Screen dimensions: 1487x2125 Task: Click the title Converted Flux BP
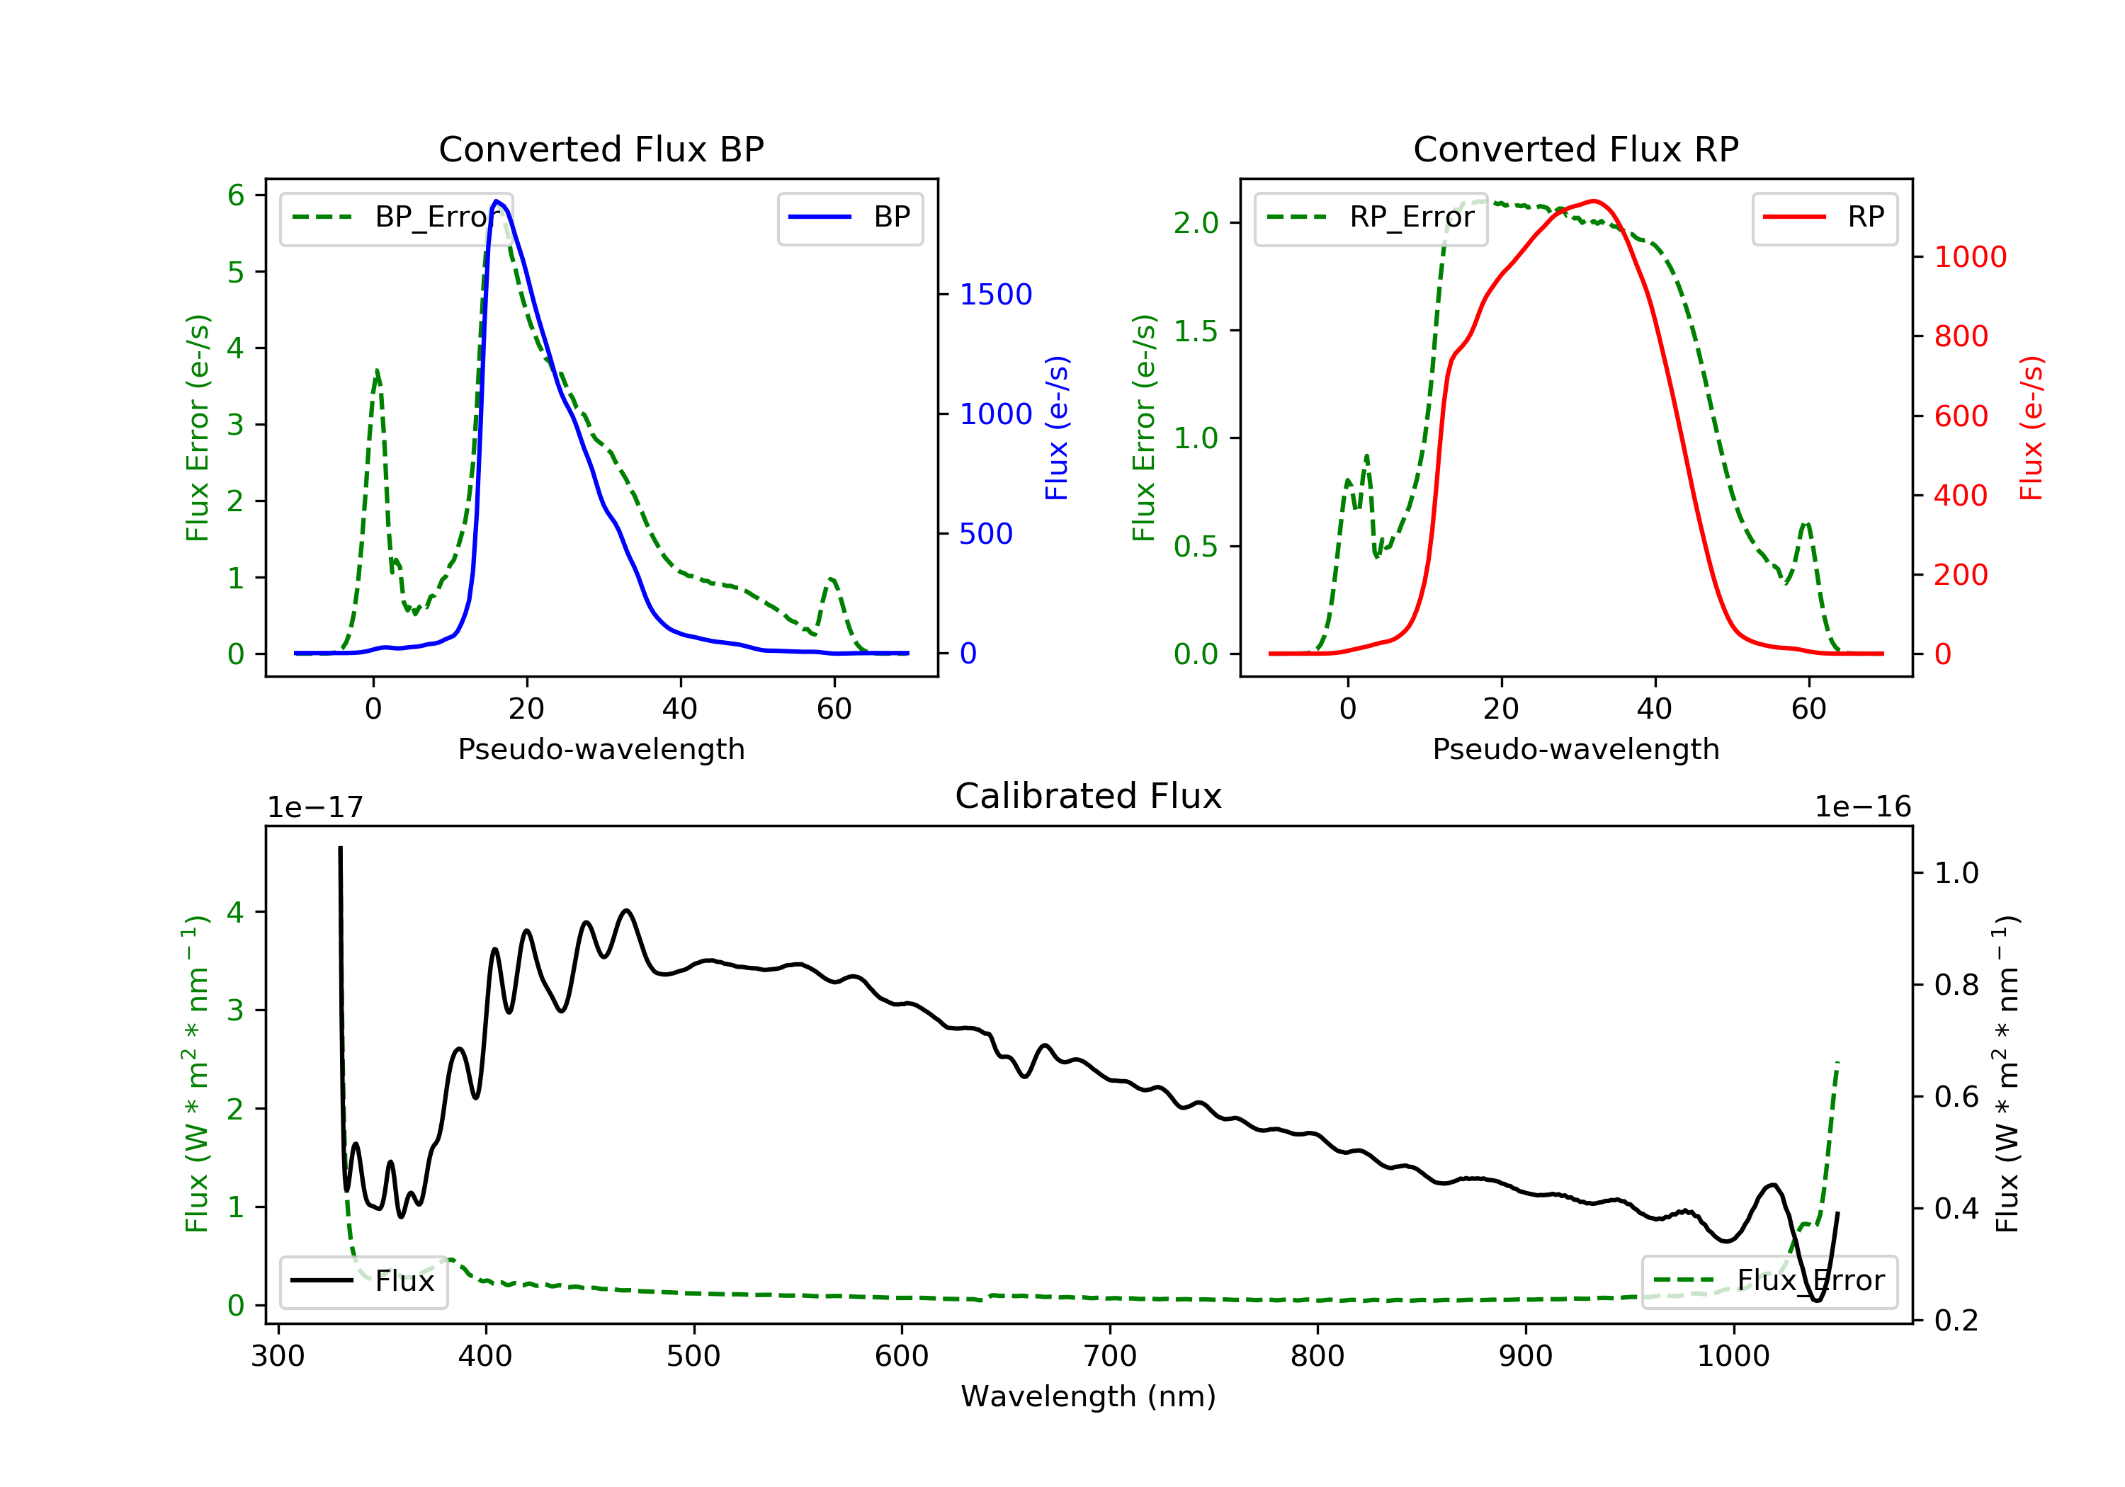[x=601, y=149]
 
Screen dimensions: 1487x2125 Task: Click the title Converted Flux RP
[x=1575, y=149]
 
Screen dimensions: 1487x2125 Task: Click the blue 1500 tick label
[x=995, y=295]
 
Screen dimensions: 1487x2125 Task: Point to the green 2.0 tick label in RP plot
[x=1196, y=223]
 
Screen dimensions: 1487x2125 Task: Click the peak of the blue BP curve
[x=497, y=201]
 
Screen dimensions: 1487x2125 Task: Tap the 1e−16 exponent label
[x=1862, y=807]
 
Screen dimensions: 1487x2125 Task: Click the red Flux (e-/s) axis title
[x=2031, y=428]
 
